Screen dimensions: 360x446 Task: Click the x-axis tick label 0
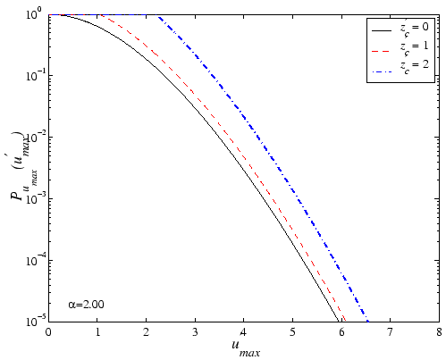click(49, 331)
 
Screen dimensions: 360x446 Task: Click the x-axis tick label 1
click(97, 331)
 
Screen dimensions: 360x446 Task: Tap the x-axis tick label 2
click(147, 331)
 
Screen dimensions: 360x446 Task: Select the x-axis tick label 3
click(195, 331)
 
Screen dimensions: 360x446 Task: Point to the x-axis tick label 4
click(244, 331)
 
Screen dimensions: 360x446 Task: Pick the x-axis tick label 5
click(292, 331)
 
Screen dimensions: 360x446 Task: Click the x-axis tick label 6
click(341, 331)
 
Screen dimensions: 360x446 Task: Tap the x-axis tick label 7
click(390, 331)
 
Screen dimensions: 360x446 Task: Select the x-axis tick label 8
click(438, 331)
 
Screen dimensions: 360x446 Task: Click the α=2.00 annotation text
click(86, 305)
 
